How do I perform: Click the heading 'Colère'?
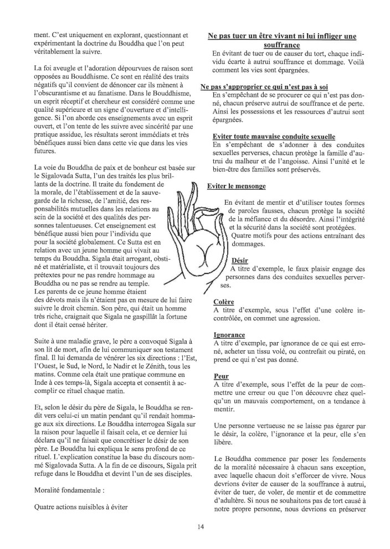point(224,302)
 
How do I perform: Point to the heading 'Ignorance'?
point(229,335)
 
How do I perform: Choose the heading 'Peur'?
point(221,376)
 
